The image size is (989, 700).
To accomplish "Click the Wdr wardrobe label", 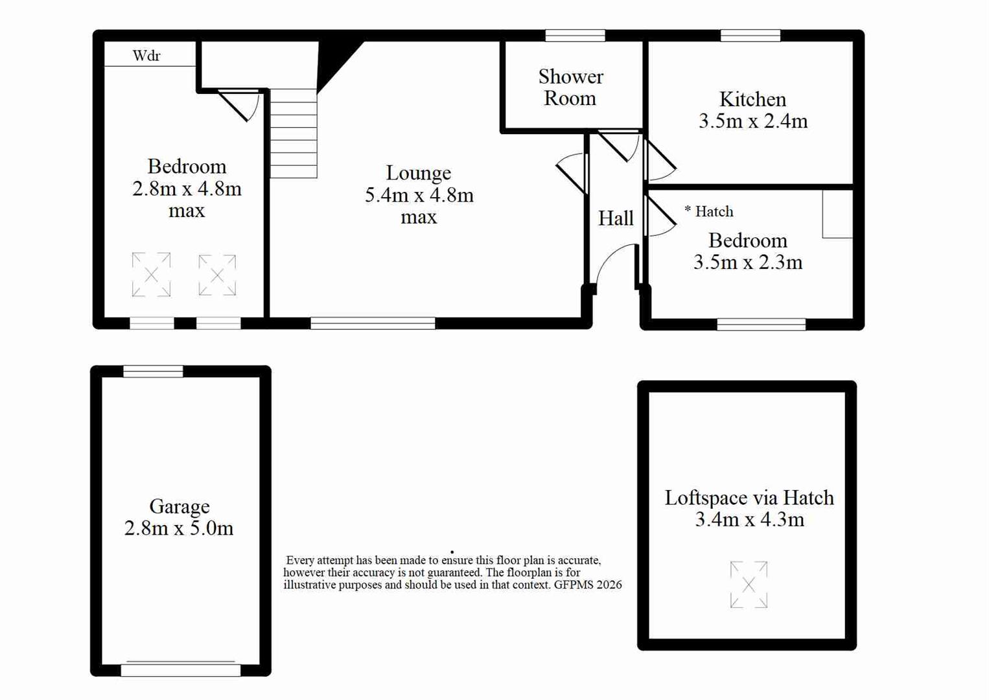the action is (x=146, y=56).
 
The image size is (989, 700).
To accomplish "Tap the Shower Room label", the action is (x=570, y=87).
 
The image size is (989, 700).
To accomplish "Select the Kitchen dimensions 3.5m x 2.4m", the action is (x=753, y=121).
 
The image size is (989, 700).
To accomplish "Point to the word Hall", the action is (x=616, y=218).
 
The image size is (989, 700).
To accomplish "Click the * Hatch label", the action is (x=708, y=211).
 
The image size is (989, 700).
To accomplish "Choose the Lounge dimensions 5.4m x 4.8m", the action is (x=419, y=194).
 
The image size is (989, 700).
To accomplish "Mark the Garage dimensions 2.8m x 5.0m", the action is (x=179, y=528).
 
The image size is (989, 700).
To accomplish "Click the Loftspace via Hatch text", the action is (x=749, y=498).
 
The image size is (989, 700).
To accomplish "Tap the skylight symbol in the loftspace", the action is (x=749, y=584).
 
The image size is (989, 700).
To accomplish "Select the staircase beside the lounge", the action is (x=294, y=134).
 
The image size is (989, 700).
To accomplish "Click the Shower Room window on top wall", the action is (x=576, y=36).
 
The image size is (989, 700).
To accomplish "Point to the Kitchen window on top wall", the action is (x=750, y=36).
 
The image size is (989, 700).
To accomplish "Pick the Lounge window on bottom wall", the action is (x=373, y=323).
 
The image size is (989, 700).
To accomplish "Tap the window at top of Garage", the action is (x=153, y=371).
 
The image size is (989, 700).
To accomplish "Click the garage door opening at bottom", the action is (x=181, y=670).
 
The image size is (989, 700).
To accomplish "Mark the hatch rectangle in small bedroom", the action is (x=837, y=214).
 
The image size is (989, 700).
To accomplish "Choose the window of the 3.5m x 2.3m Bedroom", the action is (x=762, y=324).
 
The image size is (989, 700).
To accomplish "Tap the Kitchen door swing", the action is (x=660, y=160).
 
